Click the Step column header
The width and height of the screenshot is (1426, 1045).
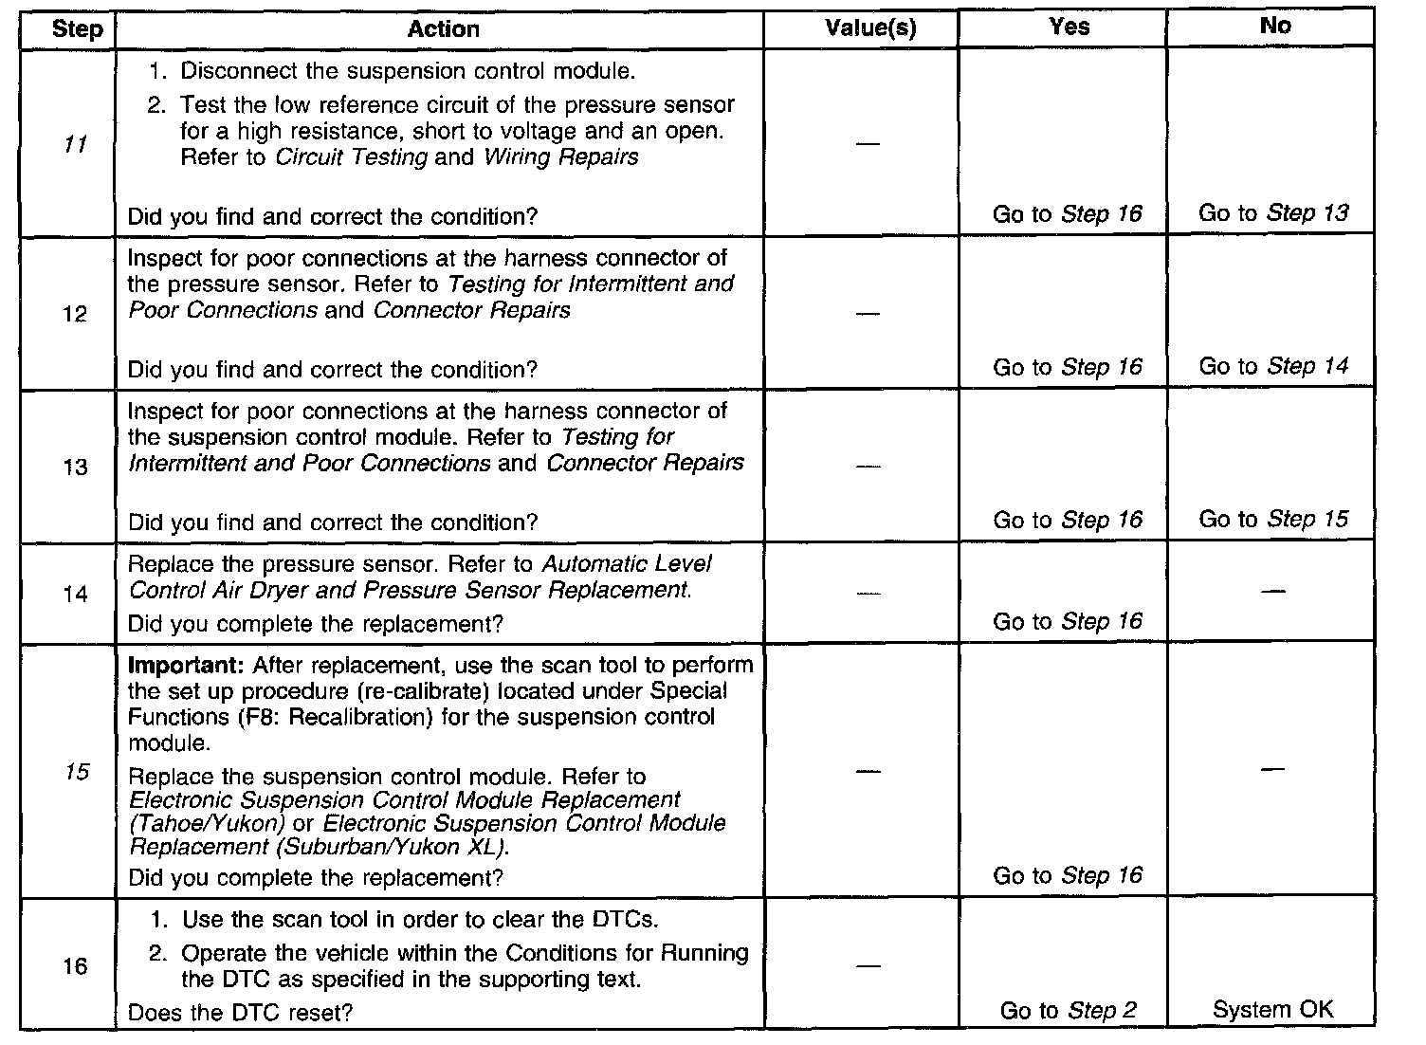coord(77,29)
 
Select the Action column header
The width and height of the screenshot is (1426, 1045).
coord(443,29)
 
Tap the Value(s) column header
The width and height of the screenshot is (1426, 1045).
coord(870,28)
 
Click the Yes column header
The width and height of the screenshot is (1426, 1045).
coord(1069,27)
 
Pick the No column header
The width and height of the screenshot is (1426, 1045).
coord(1274,27)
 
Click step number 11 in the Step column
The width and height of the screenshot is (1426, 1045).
coord(75,145)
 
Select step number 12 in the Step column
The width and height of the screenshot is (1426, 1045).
coord(75,315)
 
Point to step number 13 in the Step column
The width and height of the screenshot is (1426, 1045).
coord(75,467)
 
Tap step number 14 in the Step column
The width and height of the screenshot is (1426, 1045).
coord(75,595)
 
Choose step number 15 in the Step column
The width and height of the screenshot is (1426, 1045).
coord(76,772)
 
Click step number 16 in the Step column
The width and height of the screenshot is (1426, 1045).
coord(75,966)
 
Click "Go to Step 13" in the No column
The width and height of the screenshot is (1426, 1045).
coord(1272,213)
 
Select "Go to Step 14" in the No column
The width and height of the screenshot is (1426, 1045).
coord(1272,366)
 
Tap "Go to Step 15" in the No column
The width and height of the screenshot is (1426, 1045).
coord(1272,520)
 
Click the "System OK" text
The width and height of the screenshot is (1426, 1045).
coord(1272,1010)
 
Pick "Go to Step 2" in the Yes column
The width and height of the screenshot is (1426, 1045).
coord(1068,1011)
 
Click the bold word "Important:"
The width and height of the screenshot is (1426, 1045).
coord(186,665)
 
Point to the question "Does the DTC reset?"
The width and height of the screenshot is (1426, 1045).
coord(240,1013)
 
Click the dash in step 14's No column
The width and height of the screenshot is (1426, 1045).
coord(1273,593)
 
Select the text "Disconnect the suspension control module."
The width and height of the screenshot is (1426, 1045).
coord(408,71)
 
